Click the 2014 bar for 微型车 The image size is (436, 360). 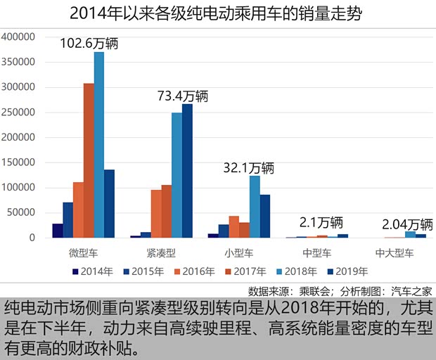(58, 231)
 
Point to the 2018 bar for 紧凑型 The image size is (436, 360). (177, 175)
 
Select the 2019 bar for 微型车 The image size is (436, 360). (109, 203)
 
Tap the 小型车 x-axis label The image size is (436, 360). (241, 252)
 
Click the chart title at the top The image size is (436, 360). (218, 12)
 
